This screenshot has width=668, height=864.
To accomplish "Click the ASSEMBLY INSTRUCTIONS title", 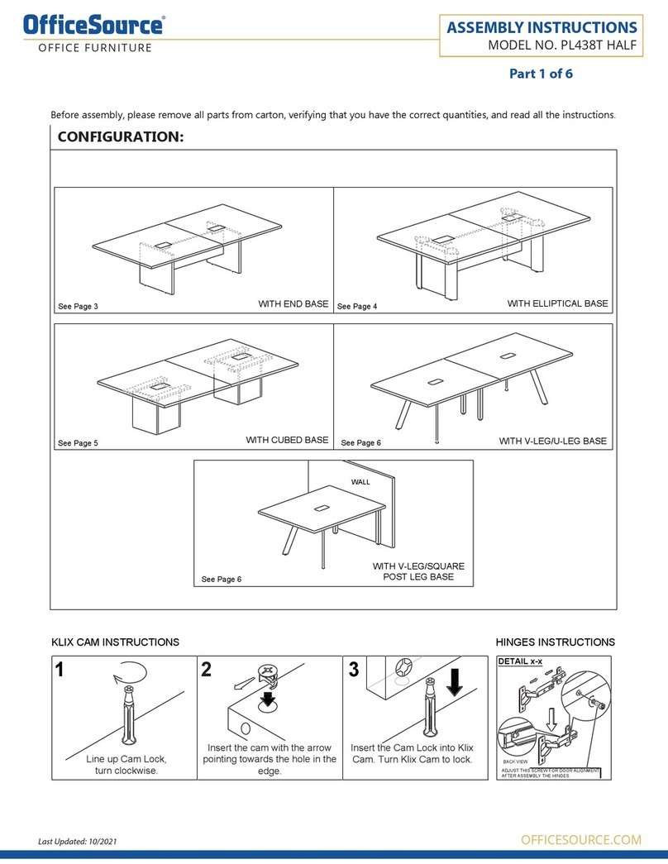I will pos(542,28).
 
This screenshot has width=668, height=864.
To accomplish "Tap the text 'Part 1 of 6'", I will pos(541,74).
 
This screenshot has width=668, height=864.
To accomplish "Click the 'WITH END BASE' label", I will pos(293,304).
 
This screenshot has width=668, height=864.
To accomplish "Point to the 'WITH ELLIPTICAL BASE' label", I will pos(557,304).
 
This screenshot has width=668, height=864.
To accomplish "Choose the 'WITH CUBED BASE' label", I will pos(287,441).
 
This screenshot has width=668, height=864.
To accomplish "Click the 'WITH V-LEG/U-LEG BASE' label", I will pos(552,442).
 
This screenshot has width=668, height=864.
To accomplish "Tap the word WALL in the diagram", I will pos(360,481).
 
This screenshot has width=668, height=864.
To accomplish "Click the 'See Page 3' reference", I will pos(78,307).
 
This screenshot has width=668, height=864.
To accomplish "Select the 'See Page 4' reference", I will pos(356,307).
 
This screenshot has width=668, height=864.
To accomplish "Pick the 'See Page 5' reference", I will pos(78,443).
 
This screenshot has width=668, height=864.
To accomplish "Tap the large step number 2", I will pos(208,671).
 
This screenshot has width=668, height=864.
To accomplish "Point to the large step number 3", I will pos(354,671).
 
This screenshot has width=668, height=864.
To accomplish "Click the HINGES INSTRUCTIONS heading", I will pos(555,642).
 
